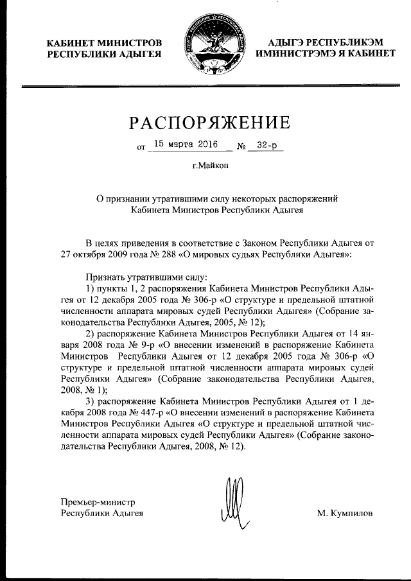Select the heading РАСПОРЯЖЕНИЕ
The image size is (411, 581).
tap(206, 121)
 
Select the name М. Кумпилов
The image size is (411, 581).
tap(344, 514)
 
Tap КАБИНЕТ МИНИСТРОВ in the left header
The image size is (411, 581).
tap(104, 43)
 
